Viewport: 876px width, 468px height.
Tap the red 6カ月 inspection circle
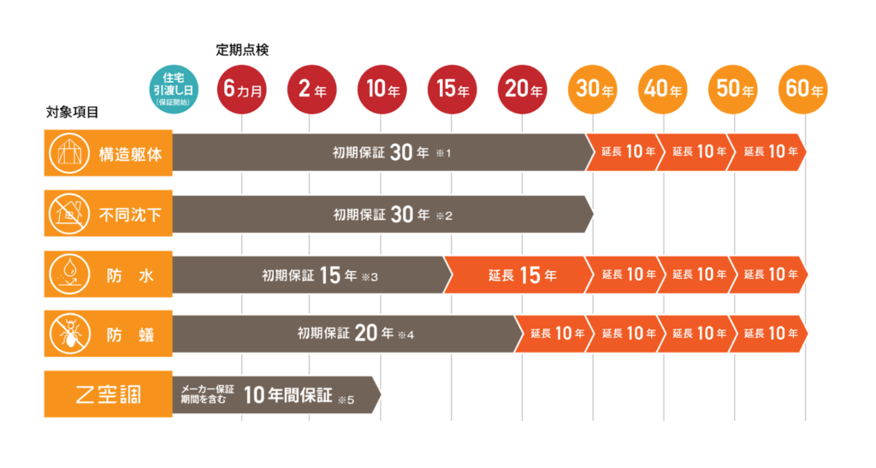tap(242, 89)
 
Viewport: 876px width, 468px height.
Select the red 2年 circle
tap(312, 89)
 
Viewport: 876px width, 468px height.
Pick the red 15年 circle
tap(452, 89)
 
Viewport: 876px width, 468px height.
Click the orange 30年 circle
tap(593, 89)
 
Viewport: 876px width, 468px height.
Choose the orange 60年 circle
tap(803, 89)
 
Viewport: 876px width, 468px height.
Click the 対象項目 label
tap(73, 113)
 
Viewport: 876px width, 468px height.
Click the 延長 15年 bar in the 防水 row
tap(522, 275)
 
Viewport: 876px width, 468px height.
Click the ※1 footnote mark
tap(442, 155)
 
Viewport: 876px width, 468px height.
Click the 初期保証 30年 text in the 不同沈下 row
tap(381, 215)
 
